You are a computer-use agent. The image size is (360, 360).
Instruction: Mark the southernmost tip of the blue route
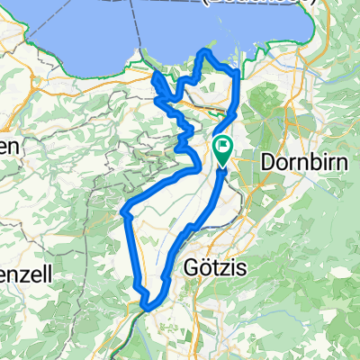click(x=144, y=310)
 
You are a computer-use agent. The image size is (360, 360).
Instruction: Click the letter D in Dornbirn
click(x=267, y=162)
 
